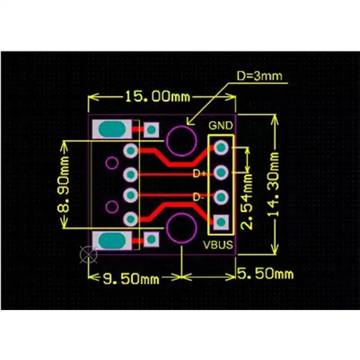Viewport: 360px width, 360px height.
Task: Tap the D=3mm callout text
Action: (x=260, y=76)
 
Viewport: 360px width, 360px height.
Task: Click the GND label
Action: (x=221, y=125)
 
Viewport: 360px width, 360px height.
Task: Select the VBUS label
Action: (x=218, y=245)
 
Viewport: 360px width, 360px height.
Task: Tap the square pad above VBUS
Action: (x=221, y=221)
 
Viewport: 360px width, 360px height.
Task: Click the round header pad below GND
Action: (x=221, y=147)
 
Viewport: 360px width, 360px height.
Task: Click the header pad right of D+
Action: (x=221, y=172)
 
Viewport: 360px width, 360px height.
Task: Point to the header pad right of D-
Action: (x=221, y=197)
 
